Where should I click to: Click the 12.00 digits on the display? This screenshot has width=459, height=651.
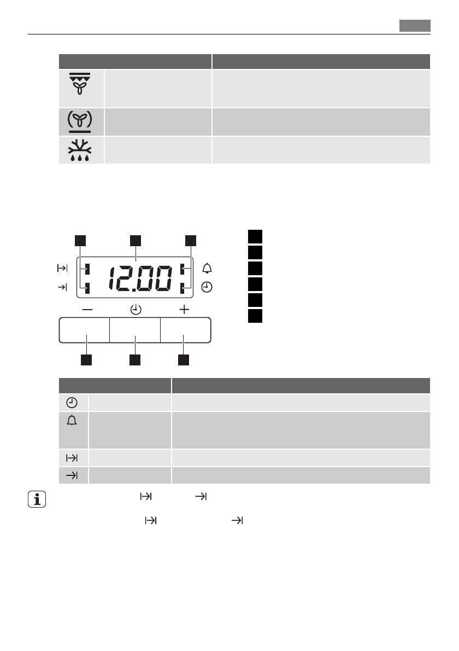click(x=140, y=278)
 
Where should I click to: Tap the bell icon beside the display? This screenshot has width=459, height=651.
click(x=207, y=268)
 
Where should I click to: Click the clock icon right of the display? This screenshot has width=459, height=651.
click(x=207, y=287)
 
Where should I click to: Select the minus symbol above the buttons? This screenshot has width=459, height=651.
click(x=87, y=309)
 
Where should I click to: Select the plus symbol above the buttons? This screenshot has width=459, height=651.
click(x=184, y=309)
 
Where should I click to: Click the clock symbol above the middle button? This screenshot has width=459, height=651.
click(x=136, y=309)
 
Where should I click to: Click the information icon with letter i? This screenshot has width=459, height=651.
click(x=37, y=499)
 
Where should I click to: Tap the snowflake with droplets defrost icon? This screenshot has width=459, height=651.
click(x=80, y=150)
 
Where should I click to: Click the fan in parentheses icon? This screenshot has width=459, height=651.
click(x=80, y=121)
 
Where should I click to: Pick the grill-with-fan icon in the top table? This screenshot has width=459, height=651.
click(x=80, y=84)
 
